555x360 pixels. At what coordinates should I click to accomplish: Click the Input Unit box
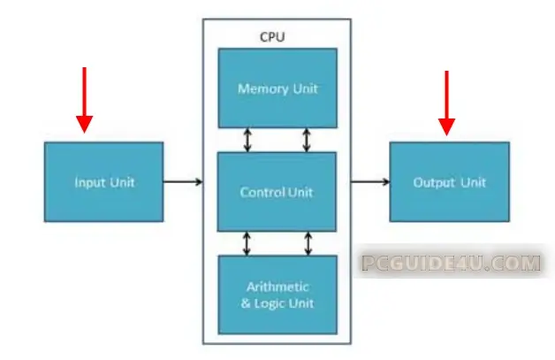(x=103, y=182)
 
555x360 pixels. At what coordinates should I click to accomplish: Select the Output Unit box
(x=449, y=182)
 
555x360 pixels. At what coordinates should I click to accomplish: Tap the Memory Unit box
(x=277, y=88)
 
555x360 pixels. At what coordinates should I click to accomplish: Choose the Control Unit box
(x=277, y=191)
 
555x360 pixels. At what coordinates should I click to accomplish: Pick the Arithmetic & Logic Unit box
(x=277, y=294)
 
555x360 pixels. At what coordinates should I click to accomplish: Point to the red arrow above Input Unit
(x=84, y=98)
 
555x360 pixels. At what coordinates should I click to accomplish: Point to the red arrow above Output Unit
(x=446, y=102)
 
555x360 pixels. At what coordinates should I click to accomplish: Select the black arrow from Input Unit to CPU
(x=183, y=182)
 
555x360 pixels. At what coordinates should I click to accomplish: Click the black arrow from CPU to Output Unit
(x=370, y=182)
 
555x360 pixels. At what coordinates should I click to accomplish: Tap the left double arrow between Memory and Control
(x=247, y=140)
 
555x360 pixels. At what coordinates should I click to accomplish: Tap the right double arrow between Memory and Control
(x=307, y=140)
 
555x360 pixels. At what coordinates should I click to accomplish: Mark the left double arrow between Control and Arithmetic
(x=247, y=243)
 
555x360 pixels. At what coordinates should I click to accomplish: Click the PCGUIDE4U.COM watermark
(x=450, y=263)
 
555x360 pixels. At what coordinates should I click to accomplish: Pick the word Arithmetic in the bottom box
(x=277, y=287)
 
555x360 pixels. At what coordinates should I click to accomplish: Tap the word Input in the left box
(x=89, y=182)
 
